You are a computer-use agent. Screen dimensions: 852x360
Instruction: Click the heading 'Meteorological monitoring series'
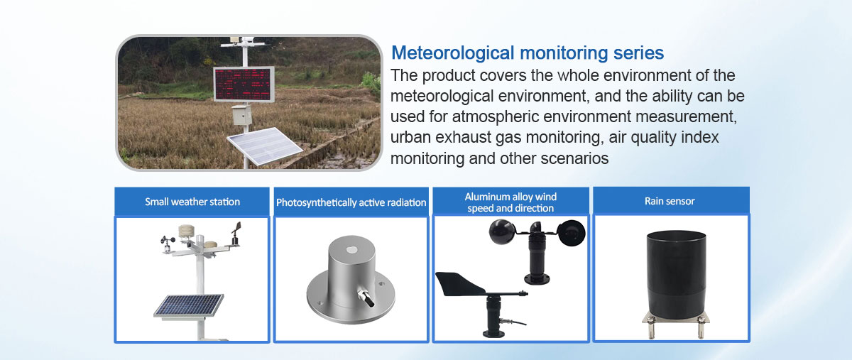point(528,53)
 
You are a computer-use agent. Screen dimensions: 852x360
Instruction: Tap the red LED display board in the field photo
point(244,84)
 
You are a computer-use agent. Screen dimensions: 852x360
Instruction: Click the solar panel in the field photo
point(265,146)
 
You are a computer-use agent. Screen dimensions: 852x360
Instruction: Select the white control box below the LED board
point(242,115)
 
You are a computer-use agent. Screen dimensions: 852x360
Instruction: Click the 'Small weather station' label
point(192,202)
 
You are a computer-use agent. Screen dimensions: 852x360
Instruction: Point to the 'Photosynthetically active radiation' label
point(351,202)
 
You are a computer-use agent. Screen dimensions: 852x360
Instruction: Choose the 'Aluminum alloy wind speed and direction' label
point(510,202)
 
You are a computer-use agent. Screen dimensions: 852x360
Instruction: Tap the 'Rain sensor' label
point(670,201)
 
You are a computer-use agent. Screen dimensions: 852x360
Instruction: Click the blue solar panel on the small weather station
point(189,305)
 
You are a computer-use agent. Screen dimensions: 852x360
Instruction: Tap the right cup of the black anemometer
point(571,232)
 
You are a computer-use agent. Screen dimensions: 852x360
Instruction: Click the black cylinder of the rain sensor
point(676,273)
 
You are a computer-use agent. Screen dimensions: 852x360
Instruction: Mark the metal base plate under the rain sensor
point(675,319)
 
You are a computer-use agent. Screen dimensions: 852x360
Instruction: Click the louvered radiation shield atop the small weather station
point(187,231)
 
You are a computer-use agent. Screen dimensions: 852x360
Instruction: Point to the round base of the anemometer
point(537,279)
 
